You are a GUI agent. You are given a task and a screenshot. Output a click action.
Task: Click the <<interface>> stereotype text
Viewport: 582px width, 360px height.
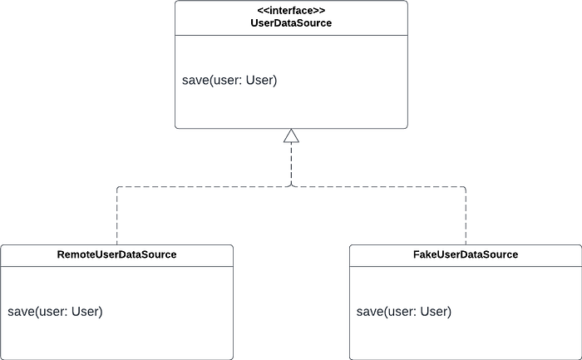pyautogui.click(x=291, y=11)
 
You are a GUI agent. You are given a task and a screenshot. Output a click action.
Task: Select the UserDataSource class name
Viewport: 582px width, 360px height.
pyautogui.click(x=291, y=23)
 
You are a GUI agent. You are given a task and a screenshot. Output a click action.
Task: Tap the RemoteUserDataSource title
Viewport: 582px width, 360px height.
pyautogui.click(x=116, y=254)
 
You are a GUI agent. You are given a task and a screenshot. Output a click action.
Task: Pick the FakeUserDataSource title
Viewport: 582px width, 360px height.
pyautogui.click(x=466, y=254)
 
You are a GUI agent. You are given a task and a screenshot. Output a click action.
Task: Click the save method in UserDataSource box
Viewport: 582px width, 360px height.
pyautogui.click(x=229, y=80)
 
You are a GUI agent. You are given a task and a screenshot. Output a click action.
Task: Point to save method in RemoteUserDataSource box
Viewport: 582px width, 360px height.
pyautogui.click(x=55, y=312)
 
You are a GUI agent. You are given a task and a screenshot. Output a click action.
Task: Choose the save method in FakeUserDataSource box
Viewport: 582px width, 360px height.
pyautogui.click(x=404, y=312)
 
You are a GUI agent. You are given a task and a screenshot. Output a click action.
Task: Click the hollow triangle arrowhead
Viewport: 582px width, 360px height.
pyautogui.click(x=291, y=136)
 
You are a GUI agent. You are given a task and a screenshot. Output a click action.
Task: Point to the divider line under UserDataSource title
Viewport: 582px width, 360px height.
pyautogui.click(x=291, y=36)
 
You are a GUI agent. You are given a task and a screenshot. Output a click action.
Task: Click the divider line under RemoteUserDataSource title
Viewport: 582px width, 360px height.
pyautogui.click(x=117, y=266)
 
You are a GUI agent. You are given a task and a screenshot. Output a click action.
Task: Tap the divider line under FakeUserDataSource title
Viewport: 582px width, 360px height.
pyautogui.click(x=466, y=266)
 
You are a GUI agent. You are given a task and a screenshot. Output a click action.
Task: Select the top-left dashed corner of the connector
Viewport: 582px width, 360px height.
pyautogui.click(x=117, y=187)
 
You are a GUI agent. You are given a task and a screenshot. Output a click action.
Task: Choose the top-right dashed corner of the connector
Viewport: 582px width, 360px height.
pyautogui.click(x=466, y=187)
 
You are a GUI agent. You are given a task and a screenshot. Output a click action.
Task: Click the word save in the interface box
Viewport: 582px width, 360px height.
pyautogui.click(x=195, y=81)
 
